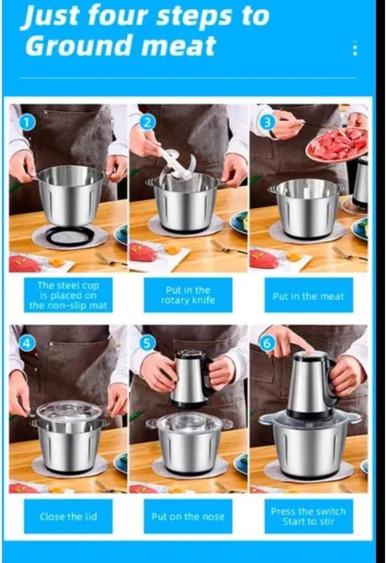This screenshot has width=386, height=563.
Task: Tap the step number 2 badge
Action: pos(148,123)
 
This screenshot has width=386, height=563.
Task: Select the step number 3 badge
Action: pos(268,122)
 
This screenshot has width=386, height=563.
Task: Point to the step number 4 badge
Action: pos(26,343)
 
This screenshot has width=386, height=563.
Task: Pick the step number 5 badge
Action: pos(148,343)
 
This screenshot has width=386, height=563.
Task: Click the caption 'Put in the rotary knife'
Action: pos(188,295)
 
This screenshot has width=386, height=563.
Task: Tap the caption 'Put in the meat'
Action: pos(308,297)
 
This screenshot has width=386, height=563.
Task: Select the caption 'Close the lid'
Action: pos(68,516)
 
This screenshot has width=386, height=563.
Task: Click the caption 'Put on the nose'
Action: pos(188,517)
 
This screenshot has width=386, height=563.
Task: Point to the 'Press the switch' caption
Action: pos(308,511)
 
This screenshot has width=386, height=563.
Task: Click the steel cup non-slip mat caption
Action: pos(68,295)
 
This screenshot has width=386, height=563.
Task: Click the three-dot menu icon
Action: pos(355,47)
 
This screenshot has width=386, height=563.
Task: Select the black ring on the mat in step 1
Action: pos(71,235)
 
